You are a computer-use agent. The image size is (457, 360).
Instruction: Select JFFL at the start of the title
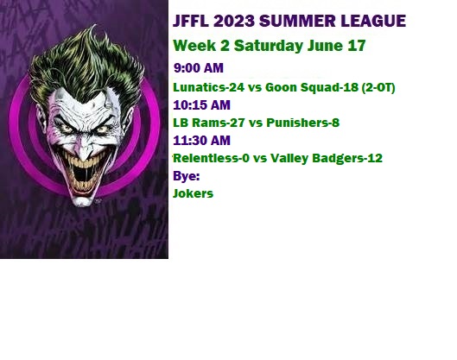(x=191, y=21)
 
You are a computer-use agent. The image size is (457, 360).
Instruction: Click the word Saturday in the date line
(x=269, y=46)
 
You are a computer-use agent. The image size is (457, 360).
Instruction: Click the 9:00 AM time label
(x=199, y=68)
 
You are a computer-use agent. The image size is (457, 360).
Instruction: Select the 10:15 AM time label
(x=201, y=105)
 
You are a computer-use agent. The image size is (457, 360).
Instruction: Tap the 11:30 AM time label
(x=201, y=141)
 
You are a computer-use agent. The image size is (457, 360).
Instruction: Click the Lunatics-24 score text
(x=209, y=87)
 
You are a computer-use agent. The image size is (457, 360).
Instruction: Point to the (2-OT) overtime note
(x=378, y=88)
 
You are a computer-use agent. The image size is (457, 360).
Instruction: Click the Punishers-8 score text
(x=303, y=123)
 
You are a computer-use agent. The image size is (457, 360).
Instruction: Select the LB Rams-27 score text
(x=209, y=123)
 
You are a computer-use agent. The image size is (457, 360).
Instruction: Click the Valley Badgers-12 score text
(x=327, y=159)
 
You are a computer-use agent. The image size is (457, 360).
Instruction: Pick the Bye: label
(x=187, y=176)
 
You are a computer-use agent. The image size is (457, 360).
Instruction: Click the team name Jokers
(x=193, y=193)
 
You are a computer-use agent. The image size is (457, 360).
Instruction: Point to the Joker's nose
(x=84, y=148)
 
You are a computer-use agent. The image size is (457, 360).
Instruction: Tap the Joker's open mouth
(x=83, y=174)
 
